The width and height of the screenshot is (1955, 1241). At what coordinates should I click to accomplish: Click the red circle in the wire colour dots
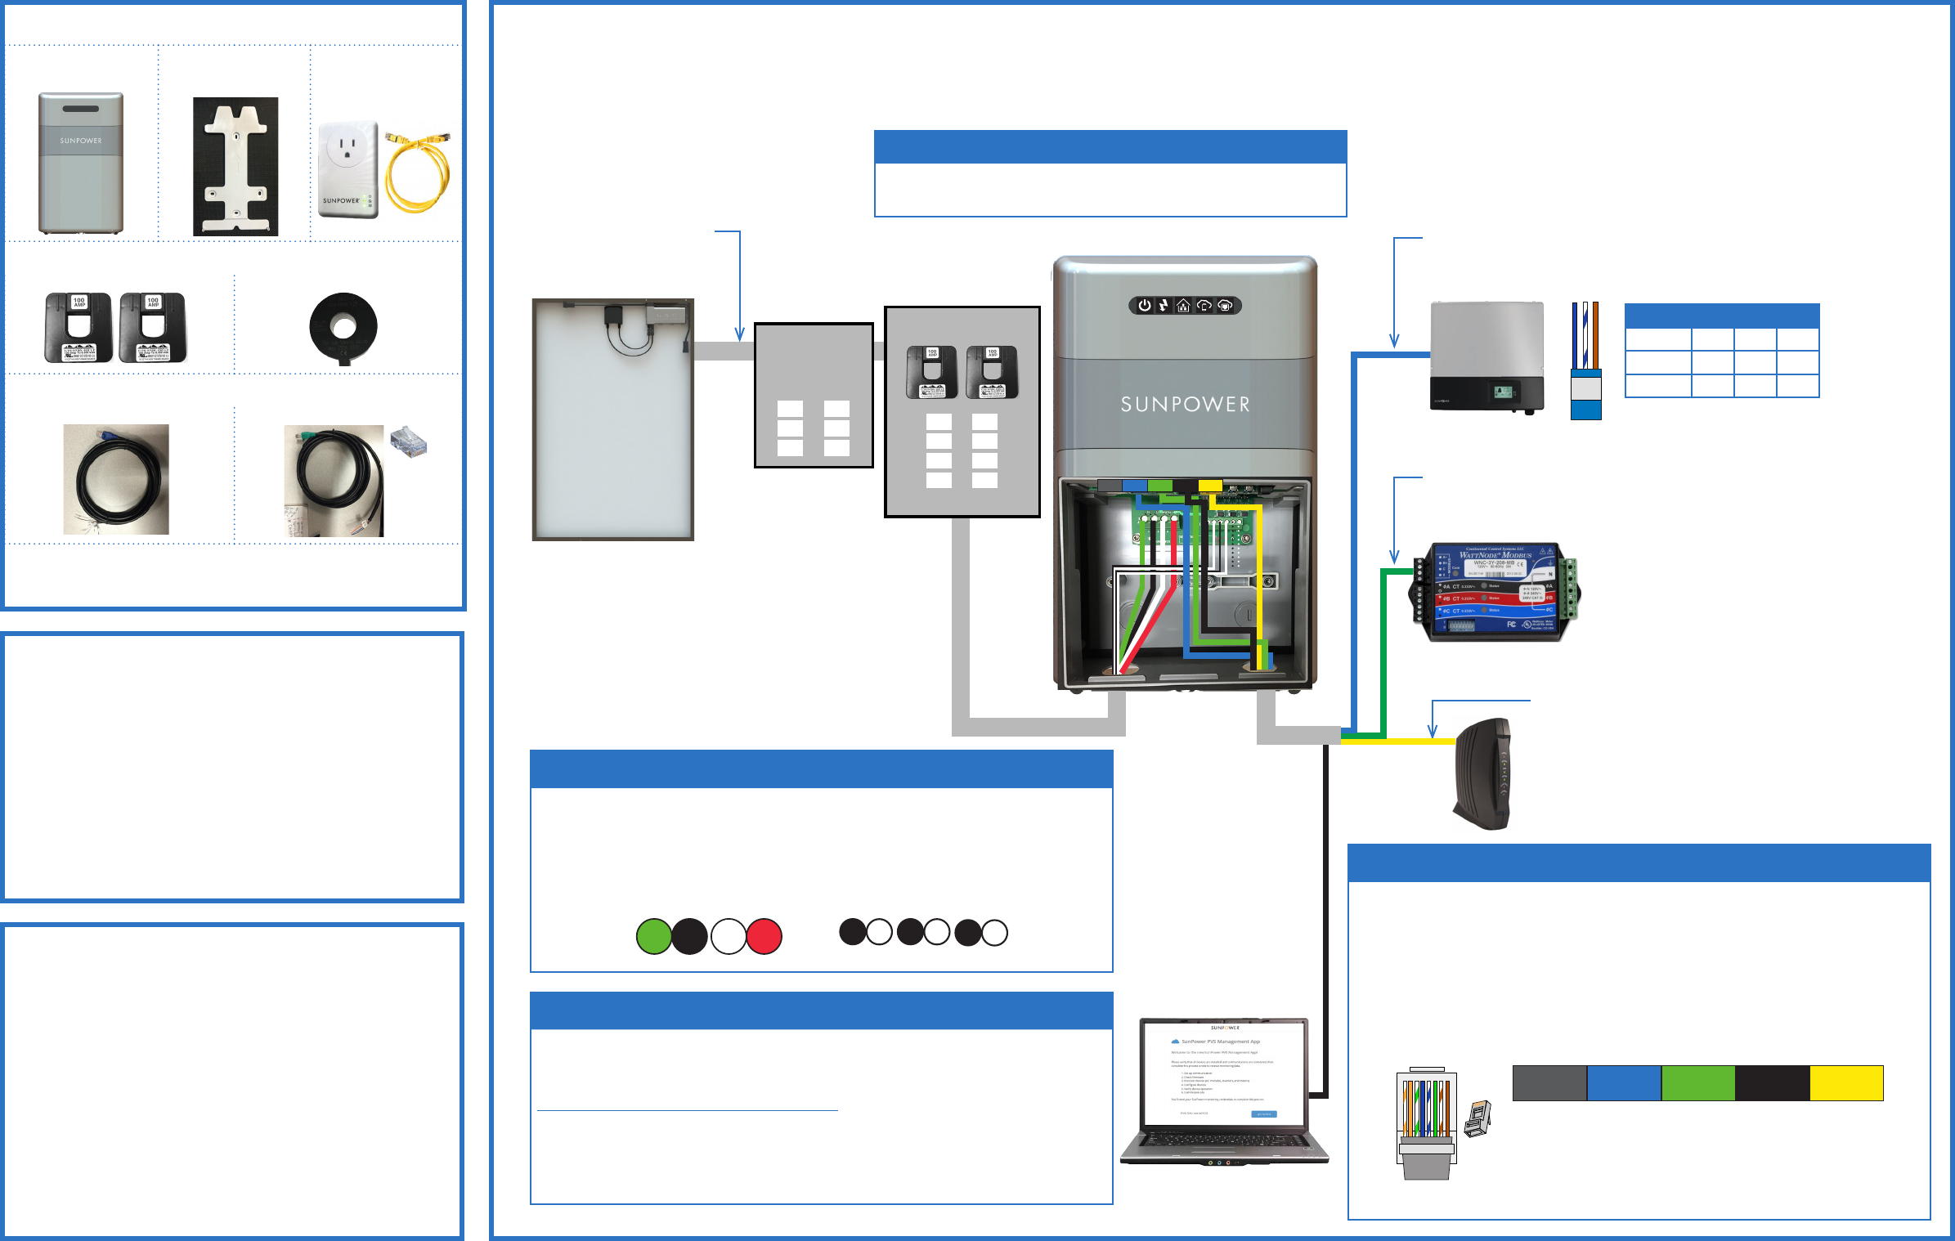[x=764, y=936]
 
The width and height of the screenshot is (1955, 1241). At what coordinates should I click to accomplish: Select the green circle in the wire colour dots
[x=654, y=936]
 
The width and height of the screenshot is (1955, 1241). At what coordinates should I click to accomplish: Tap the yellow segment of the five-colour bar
[x=1846, y=1083]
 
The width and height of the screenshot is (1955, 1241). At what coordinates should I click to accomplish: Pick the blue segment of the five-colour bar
[x=1624, y=1083]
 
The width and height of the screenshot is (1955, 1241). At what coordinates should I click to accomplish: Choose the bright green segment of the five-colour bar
[x=1698, y=1083]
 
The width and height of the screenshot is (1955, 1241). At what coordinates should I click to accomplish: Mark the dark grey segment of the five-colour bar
[x=1549, y=1083]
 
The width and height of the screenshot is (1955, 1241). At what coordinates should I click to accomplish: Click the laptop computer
[x=1224, y=1091]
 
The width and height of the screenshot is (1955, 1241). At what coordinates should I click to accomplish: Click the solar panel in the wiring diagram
[x=613, y=419]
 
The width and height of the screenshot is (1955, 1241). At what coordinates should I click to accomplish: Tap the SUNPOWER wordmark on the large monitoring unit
[x=1185, y=404]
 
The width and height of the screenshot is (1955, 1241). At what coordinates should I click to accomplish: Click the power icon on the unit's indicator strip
[x=1145, y=306]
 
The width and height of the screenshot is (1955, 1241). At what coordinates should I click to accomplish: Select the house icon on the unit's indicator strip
[x=1183, y=306]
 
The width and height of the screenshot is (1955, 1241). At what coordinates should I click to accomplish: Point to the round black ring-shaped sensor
[x=343, y=328]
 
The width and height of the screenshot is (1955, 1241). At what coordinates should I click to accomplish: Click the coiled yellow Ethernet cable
[x=418, y=172]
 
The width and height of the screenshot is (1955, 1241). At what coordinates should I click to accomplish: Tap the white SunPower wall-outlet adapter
[x=348, y=170]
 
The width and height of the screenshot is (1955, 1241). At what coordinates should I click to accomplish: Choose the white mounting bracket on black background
[x=235, y=167]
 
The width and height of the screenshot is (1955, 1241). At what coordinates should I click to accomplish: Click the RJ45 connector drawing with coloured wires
[x=1427, y=1124]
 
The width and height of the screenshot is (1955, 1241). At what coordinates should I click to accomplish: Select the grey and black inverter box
[x=1486, y=356]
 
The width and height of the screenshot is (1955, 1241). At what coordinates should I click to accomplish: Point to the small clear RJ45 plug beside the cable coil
[x=409, y=441]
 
